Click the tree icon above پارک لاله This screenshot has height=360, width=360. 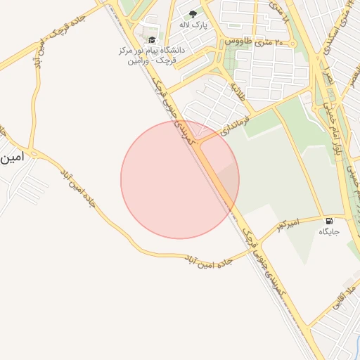point(193,13)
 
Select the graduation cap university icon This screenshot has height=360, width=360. point(152,39)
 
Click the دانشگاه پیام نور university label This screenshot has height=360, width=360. point(149,56)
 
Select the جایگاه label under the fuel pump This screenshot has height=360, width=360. point(329,232)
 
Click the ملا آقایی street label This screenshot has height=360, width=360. point(337,296)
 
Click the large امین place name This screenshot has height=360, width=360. point(13,157)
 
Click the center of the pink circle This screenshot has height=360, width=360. point(180,179)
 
